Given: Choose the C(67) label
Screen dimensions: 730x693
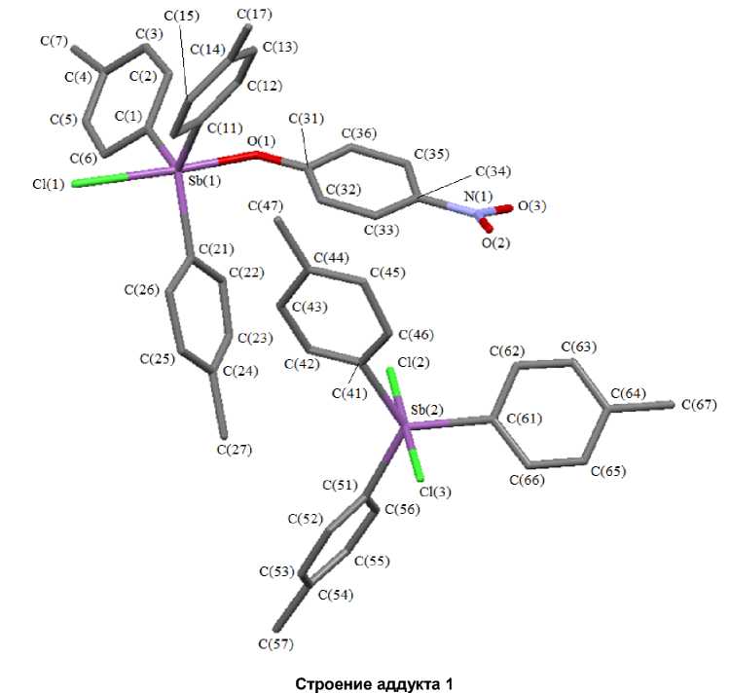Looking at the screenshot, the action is [700, 404].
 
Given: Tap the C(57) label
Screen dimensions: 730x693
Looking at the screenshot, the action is [276, 643].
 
